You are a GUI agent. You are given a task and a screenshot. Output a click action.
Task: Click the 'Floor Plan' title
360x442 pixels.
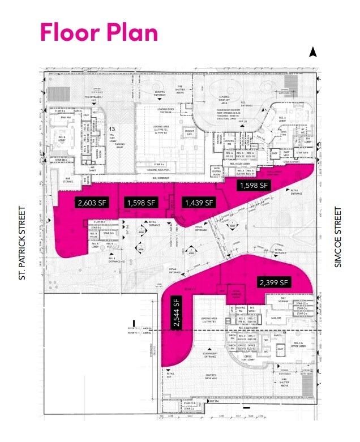98,33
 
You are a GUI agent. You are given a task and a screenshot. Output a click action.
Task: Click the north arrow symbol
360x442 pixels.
312,53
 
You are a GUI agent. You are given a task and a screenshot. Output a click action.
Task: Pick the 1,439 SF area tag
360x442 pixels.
198,202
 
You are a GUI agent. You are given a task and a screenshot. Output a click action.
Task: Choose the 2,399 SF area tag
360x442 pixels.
274,282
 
